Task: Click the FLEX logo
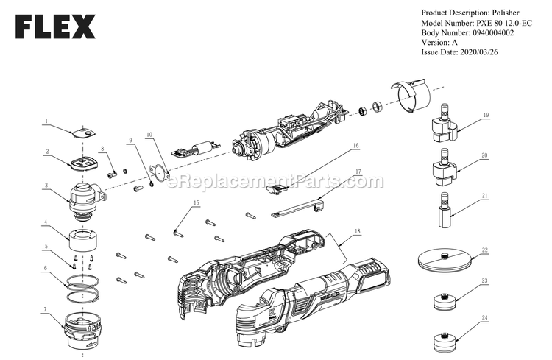[x=55, y=27]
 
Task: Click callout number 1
[x=46, y=121]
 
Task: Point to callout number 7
[x=45, y=310]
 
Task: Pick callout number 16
[x=356, y=146]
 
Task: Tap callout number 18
[x=358, y=231]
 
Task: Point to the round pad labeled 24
[x=446, y=342]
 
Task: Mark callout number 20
[x=484, y=155]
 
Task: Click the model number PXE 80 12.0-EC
[x=504, y=23]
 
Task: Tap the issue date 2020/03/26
[x=479, y=52]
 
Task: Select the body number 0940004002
[x=493, y=32]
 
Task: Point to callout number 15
[x=196, y=203]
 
